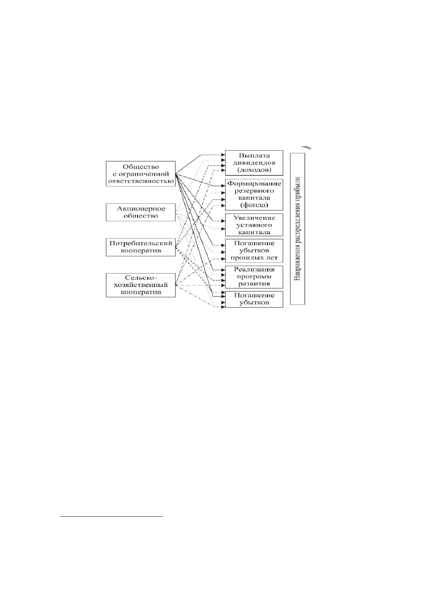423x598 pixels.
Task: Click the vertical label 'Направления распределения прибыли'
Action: pos(297,229)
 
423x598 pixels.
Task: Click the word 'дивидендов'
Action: pos(254,163)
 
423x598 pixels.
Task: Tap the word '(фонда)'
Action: pos(254,205)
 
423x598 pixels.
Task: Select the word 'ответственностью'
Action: pos(141,181)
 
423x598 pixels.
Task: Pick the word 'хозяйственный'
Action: pos(141,285)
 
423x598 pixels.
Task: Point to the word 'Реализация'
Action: pos(254,270)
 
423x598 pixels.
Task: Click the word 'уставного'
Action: pos(254,225)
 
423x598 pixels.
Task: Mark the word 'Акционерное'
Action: pos(141,209)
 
